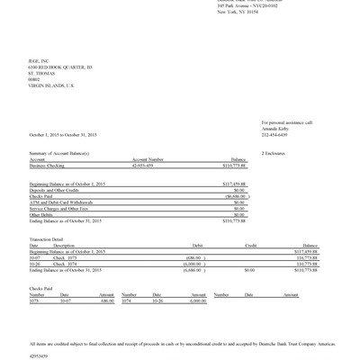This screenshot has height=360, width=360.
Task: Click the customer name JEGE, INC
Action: pos(39,60)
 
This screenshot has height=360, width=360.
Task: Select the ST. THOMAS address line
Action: pos(41,72)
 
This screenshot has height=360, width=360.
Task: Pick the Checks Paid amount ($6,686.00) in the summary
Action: pos(234,196)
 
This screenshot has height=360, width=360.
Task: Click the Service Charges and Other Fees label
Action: pos(60,209)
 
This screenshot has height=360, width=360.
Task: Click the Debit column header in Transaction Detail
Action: pos(197,245)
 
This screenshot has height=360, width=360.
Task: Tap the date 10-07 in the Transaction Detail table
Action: pos(35,257)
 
